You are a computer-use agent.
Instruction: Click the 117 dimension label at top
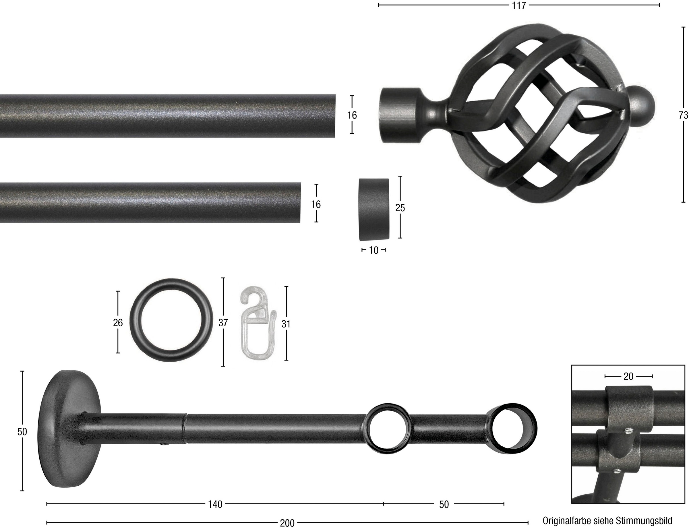[518, 6]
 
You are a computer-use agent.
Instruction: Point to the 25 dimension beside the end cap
[400, 208]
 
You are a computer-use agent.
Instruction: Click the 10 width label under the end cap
[373, 250]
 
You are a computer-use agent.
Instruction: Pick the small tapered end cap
[374, 209]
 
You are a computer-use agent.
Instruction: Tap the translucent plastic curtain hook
[258, 322]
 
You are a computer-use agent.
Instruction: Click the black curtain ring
[171, 320]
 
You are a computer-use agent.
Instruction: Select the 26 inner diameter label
[118, 323]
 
